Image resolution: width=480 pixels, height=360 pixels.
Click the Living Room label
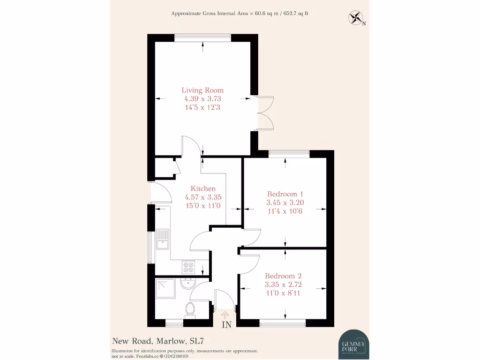[202, 90]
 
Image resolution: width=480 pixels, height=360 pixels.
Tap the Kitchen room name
[203, 188]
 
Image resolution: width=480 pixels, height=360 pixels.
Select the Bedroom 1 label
[285, 194]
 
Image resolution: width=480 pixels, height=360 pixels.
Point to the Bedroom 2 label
[283, 276]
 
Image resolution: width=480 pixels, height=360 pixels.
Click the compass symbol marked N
[356, 18]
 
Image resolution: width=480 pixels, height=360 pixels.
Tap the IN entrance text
[226, 324]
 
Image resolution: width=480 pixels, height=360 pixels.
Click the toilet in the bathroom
[190, 309]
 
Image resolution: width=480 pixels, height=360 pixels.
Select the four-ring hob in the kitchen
[188, 267]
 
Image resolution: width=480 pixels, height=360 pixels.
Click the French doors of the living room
[265, 113]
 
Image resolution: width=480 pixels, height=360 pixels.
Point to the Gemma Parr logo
[354, 345]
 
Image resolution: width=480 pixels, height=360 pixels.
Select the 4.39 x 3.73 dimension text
[202, 99]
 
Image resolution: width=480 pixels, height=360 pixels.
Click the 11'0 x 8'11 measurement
[283, 293]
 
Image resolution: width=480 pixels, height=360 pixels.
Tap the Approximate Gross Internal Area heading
[240, 14]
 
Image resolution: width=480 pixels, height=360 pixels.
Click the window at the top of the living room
[202, 38]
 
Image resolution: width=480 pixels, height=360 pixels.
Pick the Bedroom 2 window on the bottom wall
[283, 322]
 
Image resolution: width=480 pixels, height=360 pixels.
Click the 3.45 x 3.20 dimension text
[285, 203]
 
